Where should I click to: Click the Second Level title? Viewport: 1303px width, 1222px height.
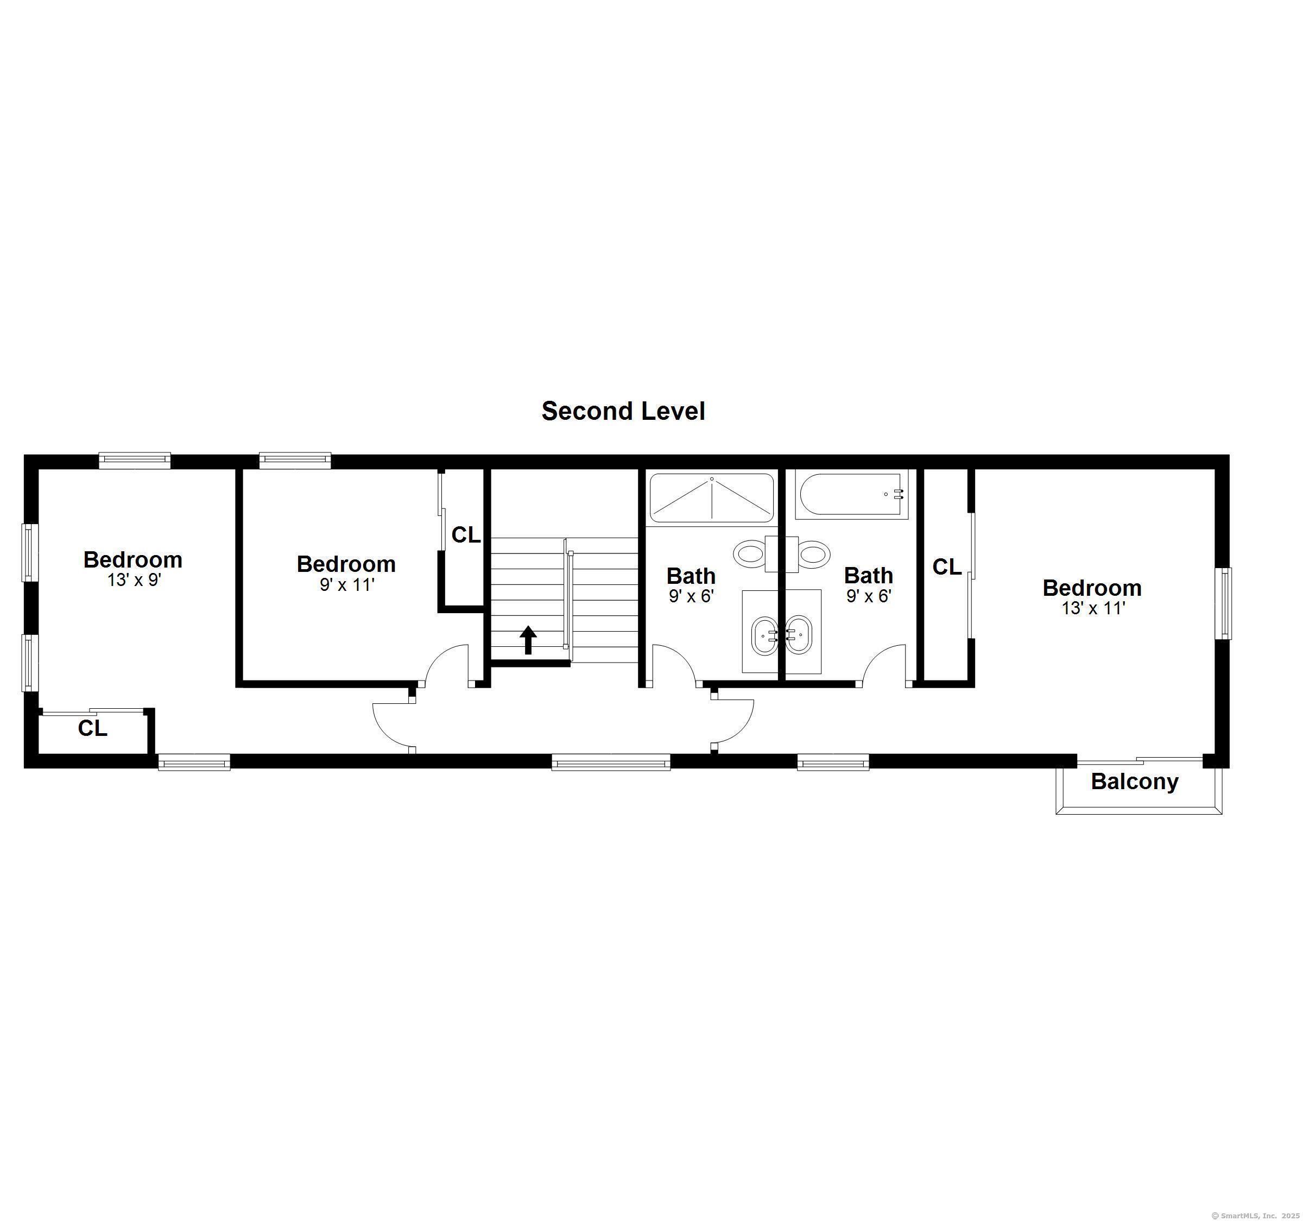coord(623,411)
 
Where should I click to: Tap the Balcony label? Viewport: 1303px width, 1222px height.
coord(1135,782)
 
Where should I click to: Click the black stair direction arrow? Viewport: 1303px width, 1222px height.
coord(528,639)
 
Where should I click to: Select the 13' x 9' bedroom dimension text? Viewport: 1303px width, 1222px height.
coord(134,580)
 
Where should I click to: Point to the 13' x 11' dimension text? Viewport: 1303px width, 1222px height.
coord(1092,608)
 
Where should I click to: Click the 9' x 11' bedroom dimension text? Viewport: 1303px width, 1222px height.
coord(347,585)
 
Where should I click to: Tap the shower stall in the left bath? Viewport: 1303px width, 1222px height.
coord(711,498)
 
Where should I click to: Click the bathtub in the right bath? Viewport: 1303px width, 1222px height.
coord(851,494)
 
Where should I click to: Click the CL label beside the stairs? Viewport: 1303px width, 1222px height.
coord(466,535)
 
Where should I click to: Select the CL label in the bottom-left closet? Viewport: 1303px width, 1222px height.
coord(92,728)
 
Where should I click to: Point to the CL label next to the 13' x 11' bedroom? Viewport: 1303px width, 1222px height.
coord(946,567)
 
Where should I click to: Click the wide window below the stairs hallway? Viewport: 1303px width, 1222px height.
coord(610,762)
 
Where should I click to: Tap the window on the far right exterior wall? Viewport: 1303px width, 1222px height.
coord(1223,603)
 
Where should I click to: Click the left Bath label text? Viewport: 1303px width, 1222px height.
coord(691,576)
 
